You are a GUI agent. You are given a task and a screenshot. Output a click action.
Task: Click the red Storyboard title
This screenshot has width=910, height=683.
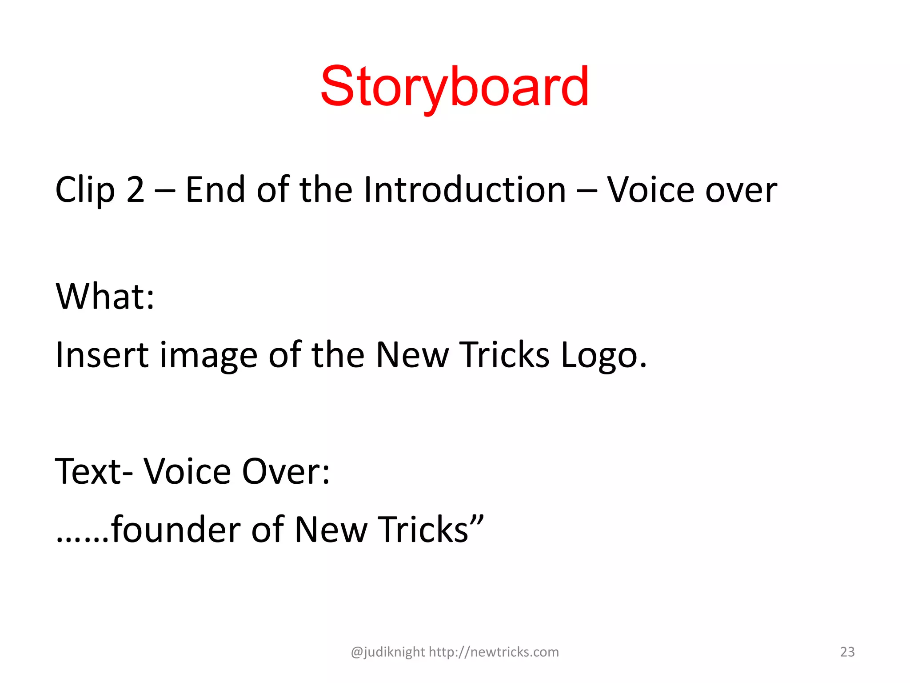coord(454,87)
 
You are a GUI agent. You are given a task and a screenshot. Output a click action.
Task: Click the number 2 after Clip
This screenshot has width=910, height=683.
coord(136,190)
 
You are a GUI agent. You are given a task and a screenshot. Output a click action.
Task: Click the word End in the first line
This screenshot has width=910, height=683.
coord(215,190)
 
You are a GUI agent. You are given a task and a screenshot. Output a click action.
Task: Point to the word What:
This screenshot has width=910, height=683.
coord(105,296)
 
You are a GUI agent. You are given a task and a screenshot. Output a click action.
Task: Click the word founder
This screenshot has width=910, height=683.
coord(176,530)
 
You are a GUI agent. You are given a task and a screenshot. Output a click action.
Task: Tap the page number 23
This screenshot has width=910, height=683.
coord(847,652)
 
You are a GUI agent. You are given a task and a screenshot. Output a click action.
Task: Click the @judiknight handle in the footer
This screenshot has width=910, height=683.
coord(388,652)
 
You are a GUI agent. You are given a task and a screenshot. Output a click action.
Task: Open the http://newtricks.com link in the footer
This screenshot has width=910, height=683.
coord(494,652)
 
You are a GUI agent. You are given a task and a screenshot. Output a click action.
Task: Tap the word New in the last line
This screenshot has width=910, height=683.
coord(331,530)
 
